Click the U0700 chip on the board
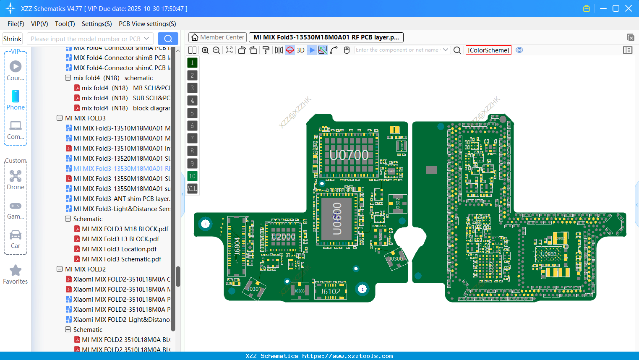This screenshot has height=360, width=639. click(x=349, y=155)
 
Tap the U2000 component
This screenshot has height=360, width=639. click(x=283, y=237)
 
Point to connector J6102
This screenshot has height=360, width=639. click(x=330, y=291)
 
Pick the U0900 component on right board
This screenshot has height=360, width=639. click(x=548, y=254)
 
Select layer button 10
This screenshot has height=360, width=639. click(x=192, y=176)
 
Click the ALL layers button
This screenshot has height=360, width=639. click(x=192, y=189)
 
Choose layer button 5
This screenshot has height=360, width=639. click(x=192, y=113)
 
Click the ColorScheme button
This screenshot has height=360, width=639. click(x=488, y=50)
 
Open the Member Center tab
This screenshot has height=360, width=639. click(x=218, y=37)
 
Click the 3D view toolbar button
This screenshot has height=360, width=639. click(x=300, y=50)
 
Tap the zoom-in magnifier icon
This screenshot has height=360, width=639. click(x=205, y=50)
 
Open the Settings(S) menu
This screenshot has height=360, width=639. click(x=97, y=24)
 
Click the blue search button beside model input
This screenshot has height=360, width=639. click(x=168, y=39)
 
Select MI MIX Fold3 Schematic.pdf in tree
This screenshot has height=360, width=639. click(x=121, y=259)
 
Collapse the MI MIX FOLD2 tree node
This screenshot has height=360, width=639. click(x=60, y=269)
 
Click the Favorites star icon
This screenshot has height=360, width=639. click(x=16, y=271)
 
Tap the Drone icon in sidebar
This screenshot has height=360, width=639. click(x=16, y=177)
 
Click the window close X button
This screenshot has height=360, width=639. click(x=629, y=8)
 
